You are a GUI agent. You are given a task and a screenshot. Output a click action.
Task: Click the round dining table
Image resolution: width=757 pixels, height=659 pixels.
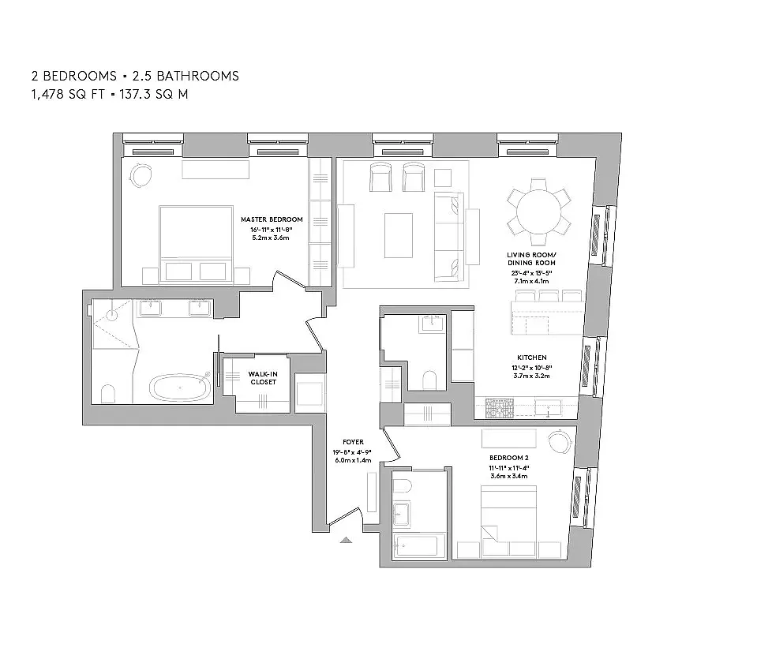click(538, 212)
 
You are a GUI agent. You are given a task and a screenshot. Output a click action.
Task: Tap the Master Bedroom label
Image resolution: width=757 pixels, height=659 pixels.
click(272, 219)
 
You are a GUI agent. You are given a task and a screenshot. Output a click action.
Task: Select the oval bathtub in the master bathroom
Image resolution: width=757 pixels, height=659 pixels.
click(180, 388)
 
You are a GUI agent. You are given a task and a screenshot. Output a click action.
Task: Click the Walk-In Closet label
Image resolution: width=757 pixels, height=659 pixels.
click(263, 378)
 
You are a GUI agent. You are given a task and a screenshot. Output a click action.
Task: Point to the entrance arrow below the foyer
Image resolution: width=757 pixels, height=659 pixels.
click(346, 540)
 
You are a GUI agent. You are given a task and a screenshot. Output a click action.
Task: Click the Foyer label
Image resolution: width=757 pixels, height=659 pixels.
click(353, 442)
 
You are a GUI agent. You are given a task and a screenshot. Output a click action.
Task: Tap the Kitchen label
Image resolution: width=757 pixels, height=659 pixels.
click(531, 358)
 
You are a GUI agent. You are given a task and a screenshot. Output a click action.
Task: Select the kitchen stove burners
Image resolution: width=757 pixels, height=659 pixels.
click(500, 409)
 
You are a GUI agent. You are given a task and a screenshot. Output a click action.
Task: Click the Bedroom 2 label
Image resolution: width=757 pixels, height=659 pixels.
click(509, 459)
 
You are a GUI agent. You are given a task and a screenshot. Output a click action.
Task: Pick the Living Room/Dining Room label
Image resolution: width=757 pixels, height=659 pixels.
click(531, 259)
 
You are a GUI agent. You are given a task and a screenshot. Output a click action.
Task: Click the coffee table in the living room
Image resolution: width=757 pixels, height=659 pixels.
click(399, 236)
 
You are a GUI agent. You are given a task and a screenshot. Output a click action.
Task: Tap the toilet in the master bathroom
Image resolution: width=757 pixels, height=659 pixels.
click(109, 394)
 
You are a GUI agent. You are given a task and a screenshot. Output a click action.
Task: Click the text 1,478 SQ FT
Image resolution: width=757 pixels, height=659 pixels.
click(68, 94)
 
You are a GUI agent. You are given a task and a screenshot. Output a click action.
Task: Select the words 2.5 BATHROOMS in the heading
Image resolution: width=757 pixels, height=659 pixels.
click(186, 77)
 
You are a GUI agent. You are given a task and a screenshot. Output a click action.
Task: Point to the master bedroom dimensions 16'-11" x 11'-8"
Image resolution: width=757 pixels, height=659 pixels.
click(272, 230)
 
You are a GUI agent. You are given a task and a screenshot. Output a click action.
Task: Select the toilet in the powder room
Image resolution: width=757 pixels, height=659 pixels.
click(429, 380)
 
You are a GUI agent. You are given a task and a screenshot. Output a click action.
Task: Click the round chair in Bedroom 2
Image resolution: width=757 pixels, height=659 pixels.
click(560, 442)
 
